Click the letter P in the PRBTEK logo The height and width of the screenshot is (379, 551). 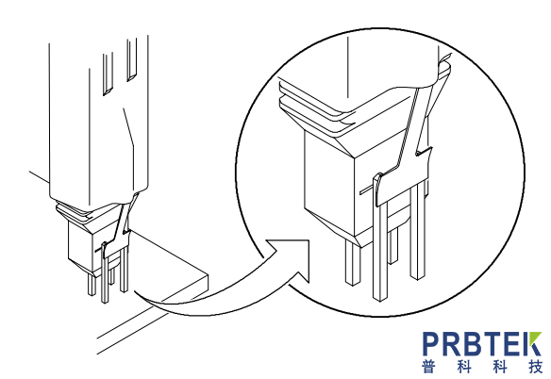pyautogui.click(x=430, y=344)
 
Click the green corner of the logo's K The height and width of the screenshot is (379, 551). pyautogui.click(x=535, y=338)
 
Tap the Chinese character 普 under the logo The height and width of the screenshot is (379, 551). pyautogui.click(x=428, y=367)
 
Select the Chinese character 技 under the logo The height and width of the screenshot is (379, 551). pyautogui.click(x=535, y=367)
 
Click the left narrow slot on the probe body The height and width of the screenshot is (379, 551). pyautogui.click(x=108, y=74)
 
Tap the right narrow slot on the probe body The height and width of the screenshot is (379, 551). pyautogui.click(x=131, y=59)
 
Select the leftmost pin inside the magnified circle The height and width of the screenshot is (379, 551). pyautogui.click(x=352, y=262)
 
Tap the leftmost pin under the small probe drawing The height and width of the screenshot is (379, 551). pyautogui.click(x=92, y=285)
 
